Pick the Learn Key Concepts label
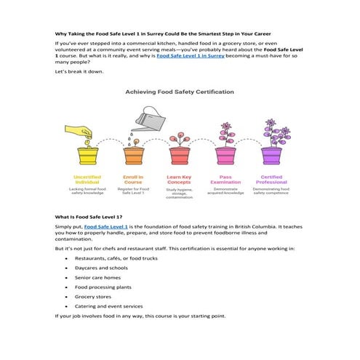pyautogui.click(x=179, y=180)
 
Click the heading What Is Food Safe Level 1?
pyautogui.click(x=89, y=217)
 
